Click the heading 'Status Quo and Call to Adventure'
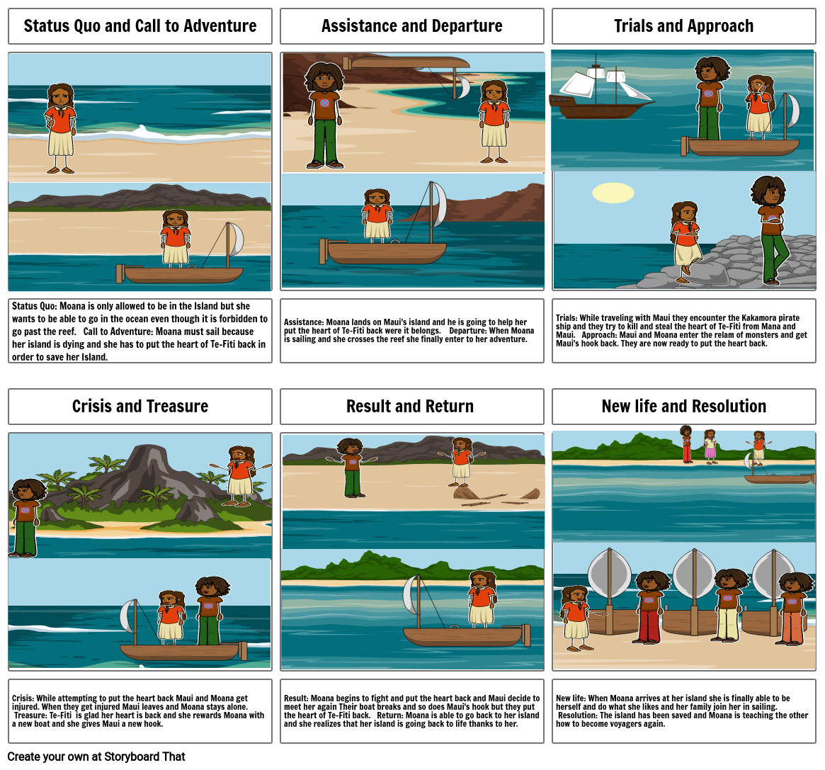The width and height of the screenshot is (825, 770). pos(140,26)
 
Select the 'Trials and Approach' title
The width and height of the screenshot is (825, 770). pos(683,26)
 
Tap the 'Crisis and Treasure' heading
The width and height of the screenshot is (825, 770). pos(140,407)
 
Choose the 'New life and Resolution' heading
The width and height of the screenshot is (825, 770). pos(683,407)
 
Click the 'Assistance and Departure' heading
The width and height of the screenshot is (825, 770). pos(411,26)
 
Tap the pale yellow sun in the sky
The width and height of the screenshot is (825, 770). pos(613,193)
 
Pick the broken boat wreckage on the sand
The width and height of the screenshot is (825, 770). pos(496,496)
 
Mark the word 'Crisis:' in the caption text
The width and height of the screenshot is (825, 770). pos(23,698)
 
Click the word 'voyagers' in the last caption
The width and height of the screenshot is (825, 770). pos(629,724)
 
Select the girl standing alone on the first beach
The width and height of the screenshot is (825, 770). pos(60,128)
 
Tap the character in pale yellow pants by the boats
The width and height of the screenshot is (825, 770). pos(727,609)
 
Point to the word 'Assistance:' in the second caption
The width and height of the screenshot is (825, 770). pos(304,322)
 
